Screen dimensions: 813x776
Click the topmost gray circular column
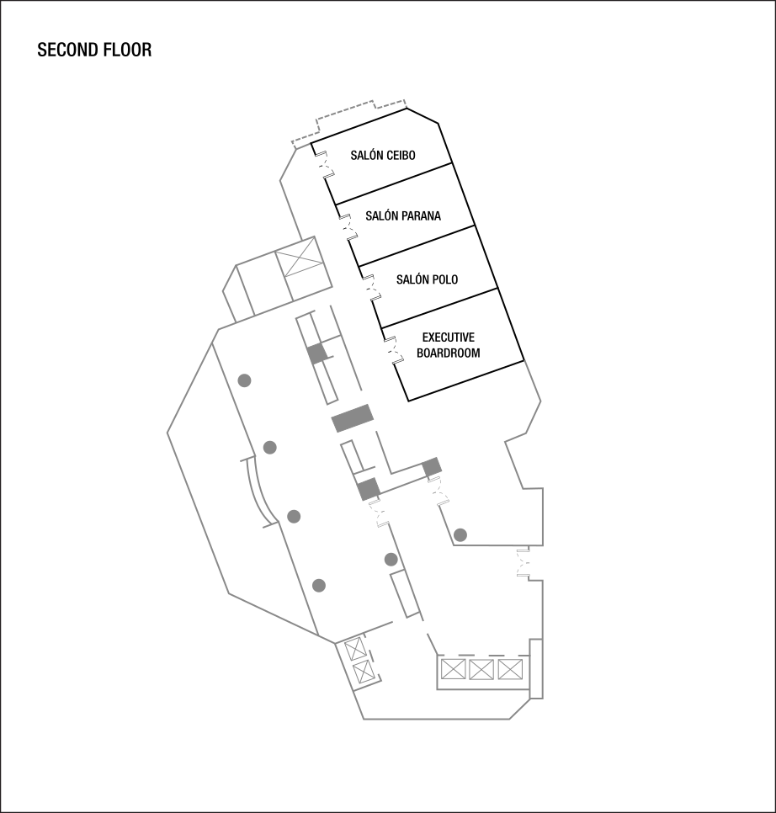click(x=244, y=380)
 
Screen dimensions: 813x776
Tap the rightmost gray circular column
click(x=460, y=534)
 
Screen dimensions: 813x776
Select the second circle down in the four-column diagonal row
click(x=269, y=447)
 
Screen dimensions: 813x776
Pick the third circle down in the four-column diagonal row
click(x=294, y=516)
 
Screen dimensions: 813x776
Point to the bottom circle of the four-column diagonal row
click(x=318, y=585)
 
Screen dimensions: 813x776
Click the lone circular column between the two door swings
click(x=391, y=559)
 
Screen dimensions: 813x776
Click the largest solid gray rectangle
click(x=353, y=418)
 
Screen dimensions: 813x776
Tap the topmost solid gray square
click(x=316, y=353)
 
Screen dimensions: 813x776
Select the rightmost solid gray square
click(x=432, y=466)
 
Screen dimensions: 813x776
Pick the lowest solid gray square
click(x=369, y=489)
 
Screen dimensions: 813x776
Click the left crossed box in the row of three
click(x=454, y=670)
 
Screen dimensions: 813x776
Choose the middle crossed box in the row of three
click(x=481, y=670)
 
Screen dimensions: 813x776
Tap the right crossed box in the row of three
click(x=509, y=670)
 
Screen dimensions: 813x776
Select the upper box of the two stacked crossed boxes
click(x=354, y=649)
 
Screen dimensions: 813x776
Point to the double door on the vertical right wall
click(x=524, y=562)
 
